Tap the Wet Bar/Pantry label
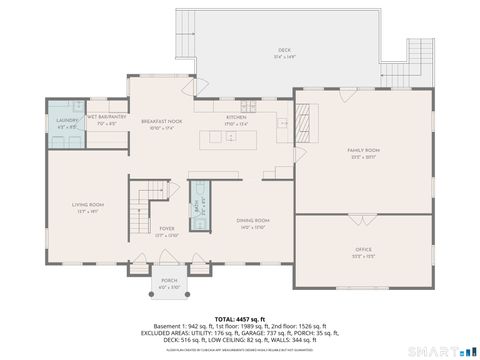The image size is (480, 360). click(x=105, y=119)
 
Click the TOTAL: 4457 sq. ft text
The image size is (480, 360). click(x=240, y=318)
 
